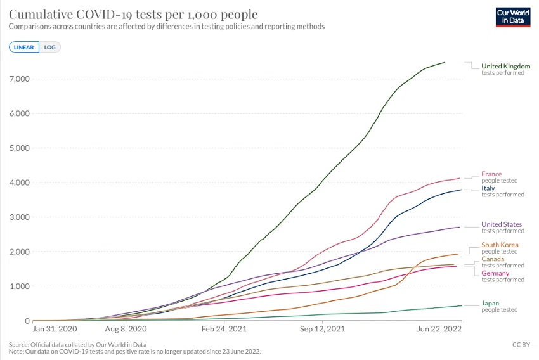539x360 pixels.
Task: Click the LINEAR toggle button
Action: (x=24, y=47)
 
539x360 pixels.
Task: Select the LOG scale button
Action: (x=50, y=47)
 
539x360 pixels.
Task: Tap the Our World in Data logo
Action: (x=513, y=17)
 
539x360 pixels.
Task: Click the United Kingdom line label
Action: (x=505, y=66)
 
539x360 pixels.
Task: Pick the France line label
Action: (x=491, y=174)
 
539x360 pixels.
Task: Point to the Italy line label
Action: (x=488, y=188)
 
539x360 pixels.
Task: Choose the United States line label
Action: (x=502, y=224)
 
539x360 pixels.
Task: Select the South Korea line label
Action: (x=500, y=245)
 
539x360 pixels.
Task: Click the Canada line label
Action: (x=493, y=259)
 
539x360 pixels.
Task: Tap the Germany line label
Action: (x=495, y=273)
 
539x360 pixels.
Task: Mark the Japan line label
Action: (x=490, y=304)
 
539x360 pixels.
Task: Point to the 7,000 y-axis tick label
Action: (x=20, y=79)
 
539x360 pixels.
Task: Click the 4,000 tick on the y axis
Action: (x=20, y=183)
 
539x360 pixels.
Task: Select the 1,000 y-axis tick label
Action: (x=20, y=286)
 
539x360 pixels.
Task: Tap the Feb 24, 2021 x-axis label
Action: (x=224, y=329)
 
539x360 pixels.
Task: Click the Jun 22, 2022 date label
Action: (x=439, y=329)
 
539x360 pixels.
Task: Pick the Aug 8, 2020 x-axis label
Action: (x=126, y=329)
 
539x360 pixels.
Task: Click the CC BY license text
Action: (x=521, y=345)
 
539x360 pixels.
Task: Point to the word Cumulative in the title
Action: (x=41, y=15)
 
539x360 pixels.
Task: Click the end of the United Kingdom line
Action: (x=445, y=62)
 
